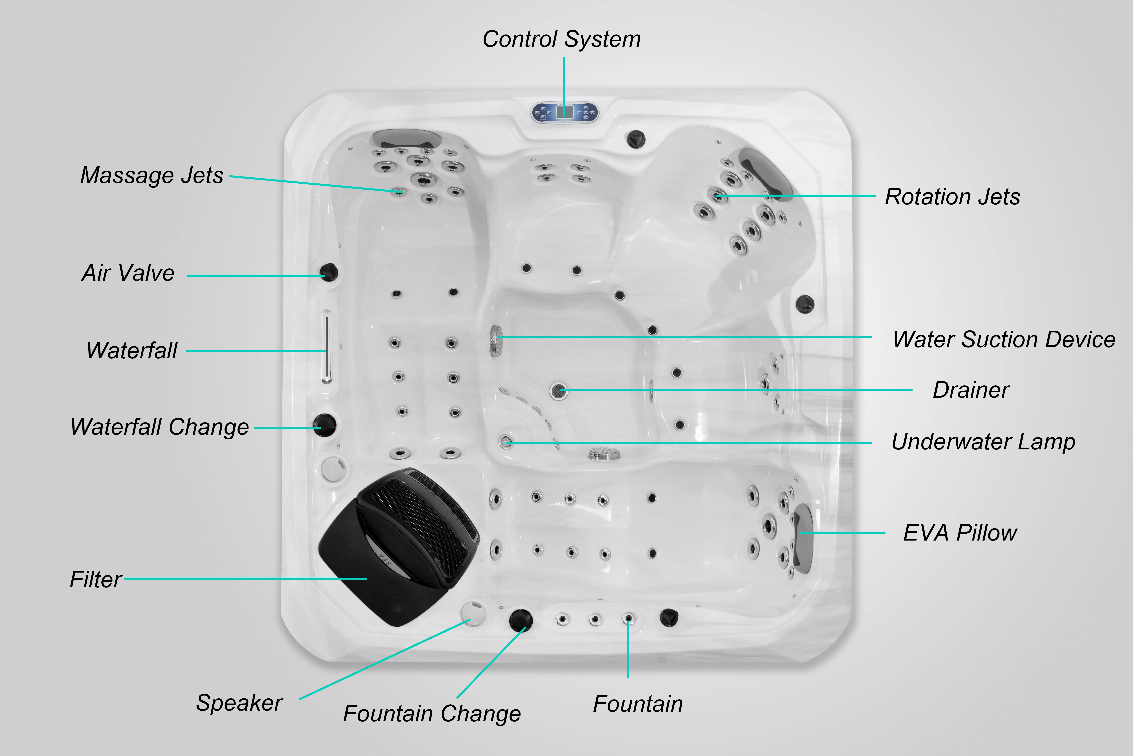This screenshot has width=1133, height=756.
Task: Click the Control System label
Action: pyautogui.click(x=562, y=39)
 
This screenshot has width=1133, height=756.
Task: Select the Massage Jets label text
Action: pyautogui.click(x=152, y=175)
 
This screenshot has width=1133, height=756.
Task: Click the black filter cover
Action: pyautogui.click(x=395, y=550)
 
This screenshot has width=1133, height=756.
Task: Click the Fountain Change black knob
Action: pyautogui.click(x=521, y=619)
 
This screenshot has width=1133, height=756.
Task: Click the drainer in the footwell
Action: pyautogui.click(x=559, y=390)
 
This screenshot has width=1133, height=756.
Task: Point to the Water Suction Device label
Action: pyautogui.click(x=1004, y=339)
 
